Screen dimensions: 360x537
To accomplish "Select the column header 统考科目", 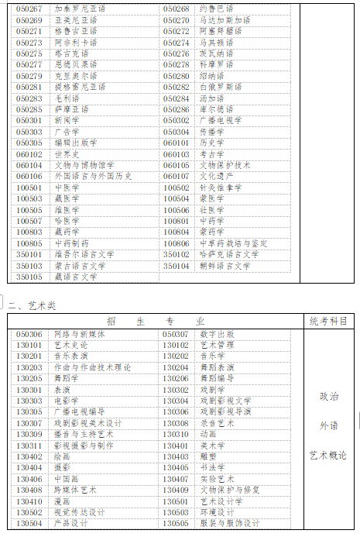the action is click(x=328, y=321).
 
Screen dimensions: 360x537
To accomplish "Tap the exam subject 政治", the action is click(x=329, y=396).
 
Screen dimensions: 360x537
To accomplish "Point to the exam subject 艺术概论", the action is click(x=329, y=455).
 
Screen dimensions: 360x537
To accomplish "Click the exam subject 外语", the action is click(x=329, y=425).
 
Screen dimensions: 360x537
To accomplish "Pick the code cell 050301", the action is click(x=29, y=120).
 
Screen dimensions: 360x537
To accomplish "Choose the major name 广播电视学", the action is click(x=221, y=120).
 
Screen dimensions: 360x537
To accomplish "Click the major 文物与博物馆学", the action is click(x=84, y=165).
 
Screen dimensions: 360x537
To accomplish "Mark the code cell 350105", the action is click(x=29, y=277).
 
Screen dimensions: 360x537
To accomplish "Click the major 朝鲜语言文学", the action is click(x=225, y=266).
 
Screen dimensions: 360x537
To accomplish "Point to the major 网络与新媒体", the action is click(x=79, y=334).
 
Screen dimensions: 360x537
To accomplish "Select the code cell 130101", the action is click(x=29, y=345).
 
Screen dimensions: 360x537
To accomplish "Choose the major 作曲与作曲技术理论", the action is click(x=92, y=367).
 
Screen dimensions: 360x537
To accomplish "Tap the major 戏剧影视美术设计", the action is click(x=87, y=423).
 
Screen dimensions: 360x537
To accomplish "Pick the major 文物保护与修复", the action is click(x=229, y=490).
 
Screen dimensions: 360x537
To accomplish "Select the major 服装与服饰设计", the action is click(x=229, y=523).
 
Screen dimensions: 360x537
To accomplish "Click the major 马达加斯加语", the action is click(x=225, y=19).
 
